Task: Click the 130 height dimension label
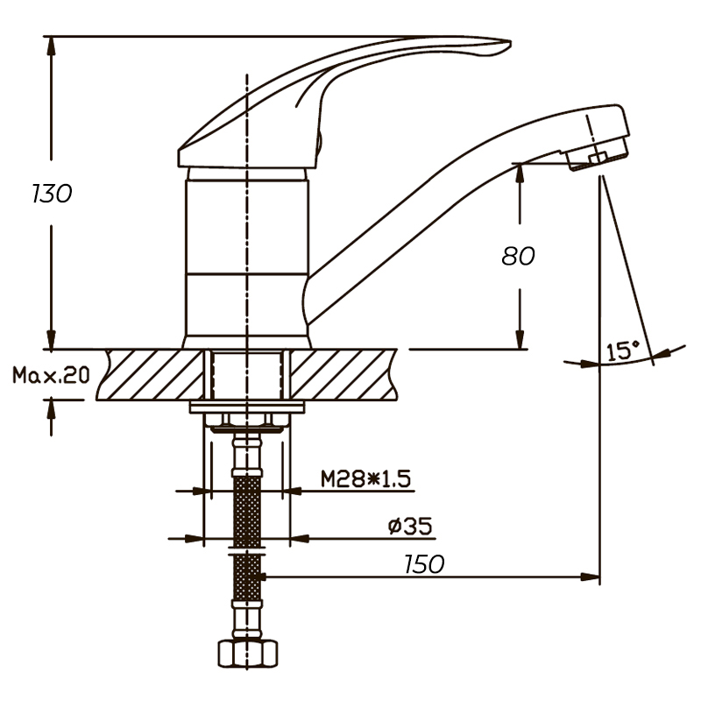pos(52,194)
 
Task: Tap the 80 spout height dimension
pos(518,256)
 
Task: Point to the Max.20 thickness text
pos(51,375)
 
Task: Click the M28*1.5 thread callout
pos(365,479)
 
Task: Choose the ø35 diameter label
pos(410,526)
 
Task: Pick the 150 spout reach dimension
pos(424,564)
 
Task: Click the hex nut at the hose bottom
pos(248,654)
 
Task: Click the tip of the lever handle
pos(511,42)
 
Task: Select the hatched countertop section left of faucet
pos(151,375)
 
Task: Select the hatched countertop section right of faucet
pos(343,375)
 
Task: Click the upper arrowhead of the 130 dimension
pos(52,46)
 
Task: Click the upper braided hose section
pos(247,511)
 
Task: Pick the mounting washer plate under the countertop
pos(247,407)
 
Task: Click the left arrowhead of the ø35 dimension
pos(194,539)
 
